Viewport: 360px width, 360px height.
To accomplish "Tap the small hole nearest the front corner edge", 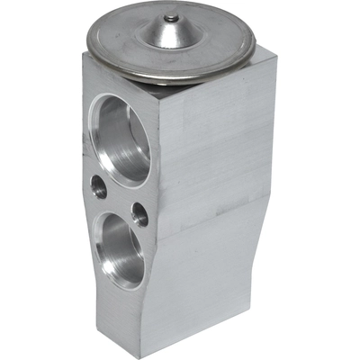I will (139, 214).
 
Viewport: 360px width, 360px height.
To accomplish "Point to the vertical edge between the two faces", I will (158, 180).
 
